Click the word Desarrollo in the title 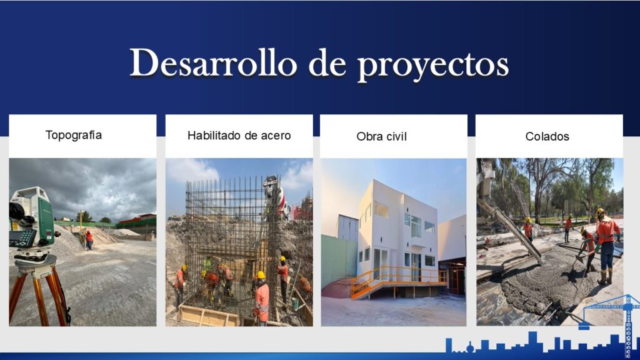point(213,63)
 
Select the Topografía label point(74,136)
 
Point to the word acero point(276,136)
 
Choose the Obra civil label point(381,136)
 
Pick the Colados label point(547,136)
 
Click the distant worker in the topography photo point(89,240)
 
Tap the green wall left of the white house point(339,261)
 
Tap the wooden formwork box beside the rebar point(208,316)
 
